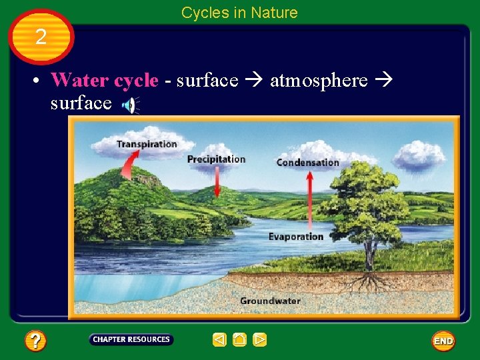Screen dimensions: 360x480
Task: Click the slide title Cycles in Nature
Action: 239,13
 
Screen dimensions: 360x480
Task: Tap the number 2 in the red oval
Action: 41,37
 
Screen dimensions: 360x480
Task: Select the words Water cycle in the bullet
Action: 105,81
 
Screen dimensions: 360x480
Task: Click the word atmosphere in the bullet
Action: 319,81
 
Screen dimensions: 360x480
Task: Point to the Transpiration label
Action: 147,143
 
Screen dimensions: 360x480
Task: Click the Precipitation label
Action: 216,159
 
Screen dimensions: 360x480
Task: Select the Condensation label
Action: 307,162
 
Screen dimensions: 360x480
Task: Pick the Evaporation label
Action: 295,237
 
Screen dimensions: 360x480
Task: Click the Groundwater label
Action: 270,301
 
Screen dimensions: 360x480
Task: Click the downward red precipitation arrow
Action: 217,181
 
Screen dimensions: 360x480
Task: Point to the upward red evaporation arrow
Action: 309,200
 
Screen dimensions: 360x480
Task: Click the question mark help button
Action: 35,341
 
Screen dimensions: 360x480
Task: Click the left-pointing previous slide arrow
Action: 219,340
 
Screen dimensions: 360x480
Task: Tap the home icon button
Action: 240,340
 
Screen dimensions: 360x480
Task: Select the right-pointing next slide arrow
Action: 260,340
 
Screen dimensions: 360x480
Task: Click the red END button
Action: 443,341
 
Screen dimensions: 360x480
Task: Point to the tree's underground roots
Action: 365,281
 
